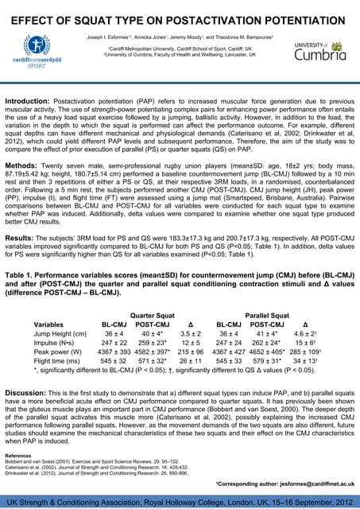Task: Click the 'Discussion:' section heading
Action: pos(28,392)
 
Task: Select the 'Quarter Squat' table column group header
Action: pos(153,314)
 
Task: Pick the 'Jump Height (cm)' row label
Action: pos(61,336)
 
